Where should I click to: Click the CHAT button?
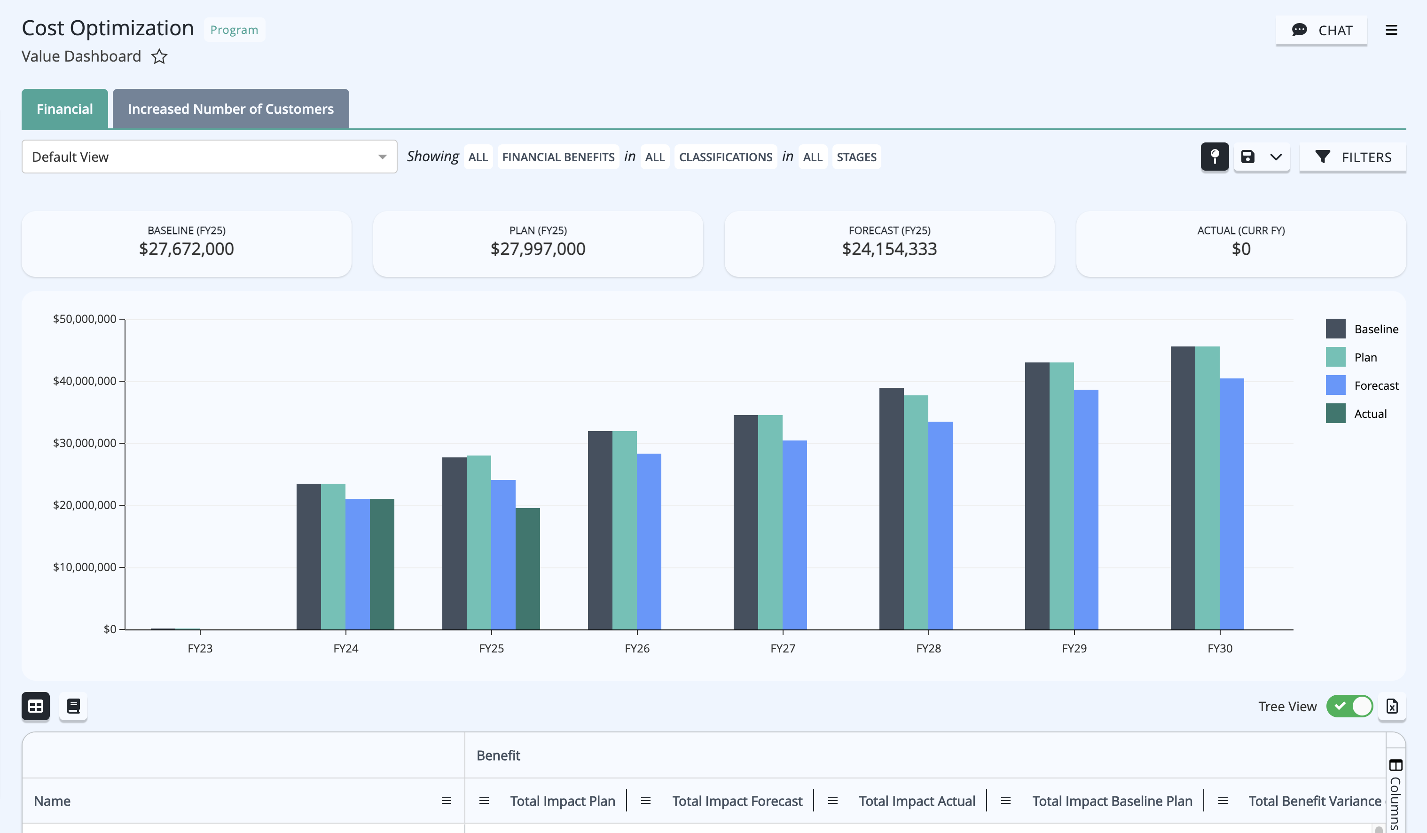1321,30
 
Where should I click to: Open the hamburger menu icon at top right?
1391,30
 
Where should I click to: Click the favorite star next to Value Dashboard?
159,56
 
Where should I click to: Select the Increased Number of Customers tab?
230,109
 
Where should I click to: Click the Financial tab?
64,109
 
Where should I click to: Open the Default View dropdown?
210,157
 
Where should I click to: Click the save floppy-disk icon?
1247,157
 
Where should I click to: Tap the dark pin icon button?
1215,157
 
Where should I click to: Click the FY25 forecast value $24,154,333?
889,249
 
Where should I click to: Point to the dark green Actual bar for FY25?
528,568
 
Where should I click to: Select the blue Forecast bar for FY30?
1231,503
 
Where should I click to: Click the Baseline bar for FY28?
891,509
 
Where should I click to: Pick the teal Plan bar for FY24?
333,556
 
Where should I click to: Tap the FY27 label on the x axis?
783,648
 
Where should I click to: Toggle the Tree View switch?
1349,706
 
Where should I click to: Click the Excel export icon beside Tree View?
1392,706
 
